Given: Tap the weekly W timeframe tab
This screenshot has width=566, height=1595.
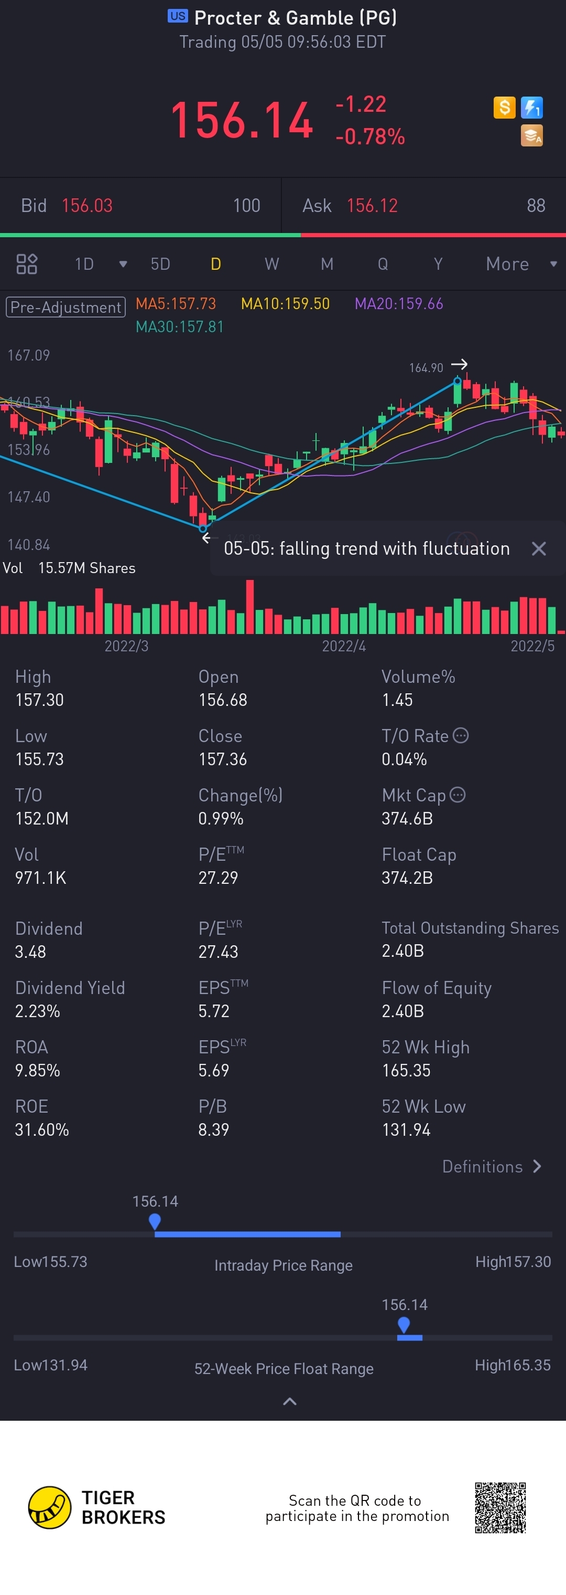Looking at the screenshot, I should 271,265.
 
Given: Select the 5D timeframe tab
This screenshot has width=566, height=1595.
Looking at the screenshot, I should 160,265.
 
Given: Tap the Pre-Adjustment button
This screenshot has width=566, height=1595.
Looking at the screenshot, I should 66,307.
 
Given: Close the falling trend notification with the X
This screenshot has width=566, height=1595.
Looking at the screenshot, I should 539,548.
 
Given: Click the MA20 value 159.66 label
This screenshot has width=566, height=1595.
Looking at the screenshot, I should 398,304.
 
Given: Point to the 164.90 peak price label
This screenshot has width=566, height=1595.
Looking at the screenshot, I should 426,368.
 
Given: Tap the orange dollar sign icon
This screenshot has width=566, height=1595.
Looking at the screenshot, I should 504,108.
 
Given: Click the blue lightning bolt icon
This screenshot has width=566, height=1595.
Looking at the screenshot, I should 531,108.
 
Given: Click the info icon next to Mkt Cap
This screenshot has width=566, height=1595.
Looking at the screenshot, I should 458,795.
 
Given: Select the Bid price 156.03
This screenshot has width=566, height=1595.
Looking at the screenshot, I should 87,206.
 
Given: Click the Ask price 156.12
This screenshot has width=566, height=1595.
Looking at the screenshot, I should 373,206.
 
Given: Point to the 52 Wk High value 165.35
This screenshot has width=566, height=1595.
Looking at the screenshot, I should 406,1070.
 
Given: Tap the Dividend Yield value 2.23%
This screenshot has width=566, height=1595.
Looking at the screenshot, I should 38,1011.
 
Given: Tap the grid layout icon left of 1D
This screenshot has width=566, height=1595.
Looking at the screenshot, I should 27,265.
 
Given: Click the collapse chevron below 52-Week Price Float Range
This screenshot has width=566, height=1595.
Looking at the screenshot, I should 289,1401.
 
